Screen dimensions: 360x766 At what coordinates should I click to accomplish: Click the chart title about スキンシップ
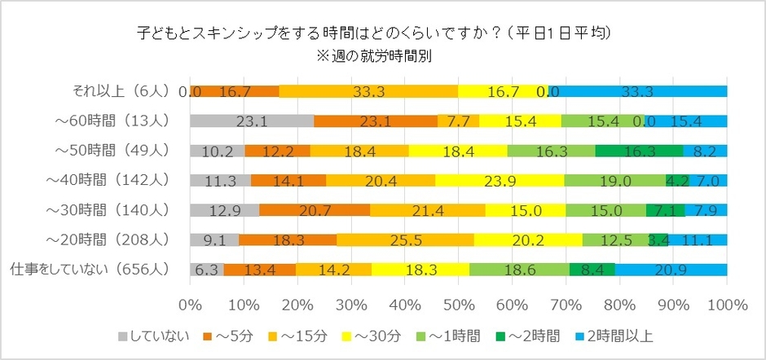coord(375,33)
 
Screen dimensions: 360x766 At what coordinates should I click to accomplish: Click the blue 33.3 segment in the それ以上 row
coord(637,92)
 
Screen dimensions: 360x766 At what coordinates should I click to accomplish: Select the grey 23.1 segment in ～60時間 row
coord(251,121)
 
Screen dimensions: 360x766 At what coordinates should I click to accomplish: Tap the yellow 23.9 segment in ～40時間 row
coord(500,181)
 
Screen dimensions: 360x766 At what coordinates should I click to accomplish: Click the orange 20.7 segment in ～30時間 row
coord(315,210)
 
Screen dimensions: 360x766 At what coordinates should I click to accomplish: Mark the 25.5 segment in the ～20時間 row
coord(405,239)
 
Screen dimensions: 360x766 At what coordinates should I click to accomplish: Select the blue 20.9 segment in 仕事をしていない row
coord(671,269)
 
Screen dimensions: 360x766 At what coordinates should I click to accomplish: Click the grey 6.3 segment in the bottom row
coord(206,269)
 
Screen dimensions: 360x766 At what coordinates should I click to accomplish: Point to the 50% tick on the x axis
coord(458,305)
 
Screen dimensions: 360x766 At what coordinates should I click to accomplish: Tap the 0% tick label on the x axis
coord(190,305)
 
